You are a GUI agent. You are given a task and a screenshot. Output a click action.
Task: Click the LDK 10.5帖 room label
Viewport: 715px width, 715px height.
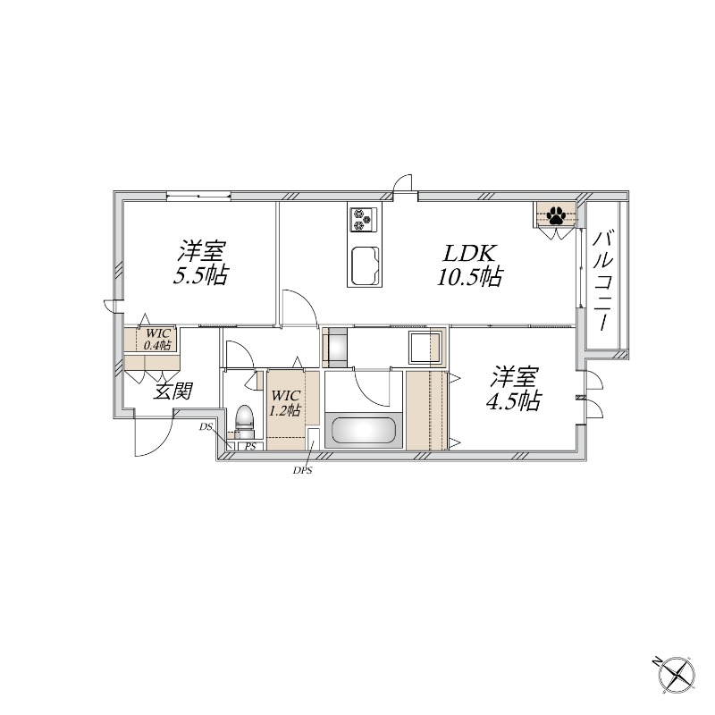(470, 265)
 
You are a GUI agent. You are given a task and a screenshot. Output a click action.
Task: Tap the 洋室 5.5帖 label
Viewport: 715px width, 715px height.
(200, 263)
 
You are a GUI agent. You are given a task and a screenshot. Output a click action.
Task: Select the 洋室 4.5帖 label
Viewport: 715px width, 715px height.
(515, 389)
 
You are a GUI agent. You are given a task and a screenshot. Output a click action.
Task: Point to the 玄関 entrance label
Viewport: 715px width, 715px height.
(172, 391)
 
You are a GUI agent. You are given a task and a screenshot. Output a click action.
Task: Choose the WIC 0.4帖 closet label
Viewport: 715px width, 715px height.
(157, 340)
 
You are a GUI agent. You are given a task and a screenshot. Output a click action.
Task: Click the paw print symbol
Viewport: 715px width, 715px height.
(556, 214)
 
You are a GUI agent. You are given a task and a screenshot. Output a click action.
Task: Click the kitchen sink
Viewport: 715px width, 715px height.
(366, 265)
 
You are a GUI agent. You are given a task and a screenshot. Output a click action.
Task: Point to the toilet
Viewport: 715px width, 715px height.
(244, 417)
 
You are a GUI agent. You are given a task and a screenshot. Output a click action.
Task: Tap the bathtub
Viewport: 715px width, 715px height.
(364, 430)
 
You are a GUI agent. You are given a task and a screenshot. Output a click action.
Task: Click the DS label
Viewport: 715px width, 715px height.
(206, 427)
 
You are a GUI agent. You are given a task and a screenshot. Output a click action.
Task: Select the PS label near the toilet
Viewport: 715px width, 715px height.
(250, 446)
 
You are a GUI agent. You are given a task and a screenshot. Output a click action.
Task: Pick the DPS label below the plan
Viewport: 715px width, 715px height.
(302, 471)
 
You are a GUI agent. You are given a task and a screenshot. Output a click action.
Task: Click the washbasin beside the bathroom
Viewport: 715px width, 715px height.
(425, 347)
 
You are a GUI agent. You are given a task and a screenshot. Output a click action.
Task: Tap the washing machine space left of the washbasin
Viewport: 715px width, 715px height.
(334, 348)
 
